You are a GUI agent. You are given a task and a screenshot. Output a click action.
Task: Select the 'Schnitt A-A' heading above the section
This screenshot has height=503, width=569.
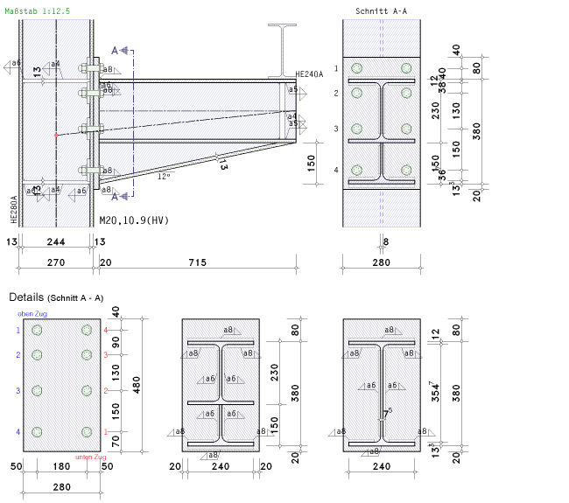click(x=381, y=10)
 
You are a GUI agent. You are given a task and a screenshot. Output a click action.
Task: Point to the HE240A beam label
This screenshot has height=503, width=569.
click(x=310, y=74)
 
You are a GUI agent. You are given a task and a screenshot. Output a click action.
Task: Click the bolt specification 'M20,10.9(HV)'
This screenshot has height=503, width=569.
click(x=133, y=220)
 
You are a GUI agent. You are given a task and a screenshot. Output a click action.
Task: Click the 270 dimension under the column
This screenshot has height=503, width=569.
click(x=55, y=262)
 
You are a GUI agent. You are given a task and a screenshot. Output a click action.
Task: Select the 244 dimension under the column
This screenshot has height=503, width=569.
click(x=55, y=241)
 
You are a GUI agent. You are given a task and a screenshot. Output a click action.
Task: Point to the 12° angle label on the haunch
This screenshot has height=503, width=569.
click(x=164, y=176)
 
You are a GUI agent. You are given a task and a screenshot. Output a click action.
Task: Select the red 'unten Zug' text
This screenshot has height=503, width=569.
click(x=92, y=457)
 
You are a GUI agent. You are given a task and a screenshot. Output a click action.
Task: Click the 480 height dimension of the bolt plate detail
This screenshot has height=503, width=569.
click(x=135, y=385)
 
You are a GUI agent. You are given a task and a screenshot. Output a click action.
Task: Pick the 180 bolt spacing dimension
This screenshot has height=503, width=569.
click(x=61, y=467)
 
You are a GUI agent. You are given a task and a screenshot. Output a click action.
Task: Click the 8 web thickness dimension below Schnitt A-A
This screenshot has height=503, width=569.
click(x=385, y=241)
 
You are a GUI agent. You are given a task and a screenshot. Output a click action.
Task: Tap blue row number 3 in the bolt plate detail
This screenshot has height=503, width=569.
click(x=18, y=390)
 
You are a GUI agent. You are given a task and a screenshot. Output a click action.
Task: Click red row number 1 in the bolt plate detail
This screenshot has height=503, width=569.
click(x=105, y=432)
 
